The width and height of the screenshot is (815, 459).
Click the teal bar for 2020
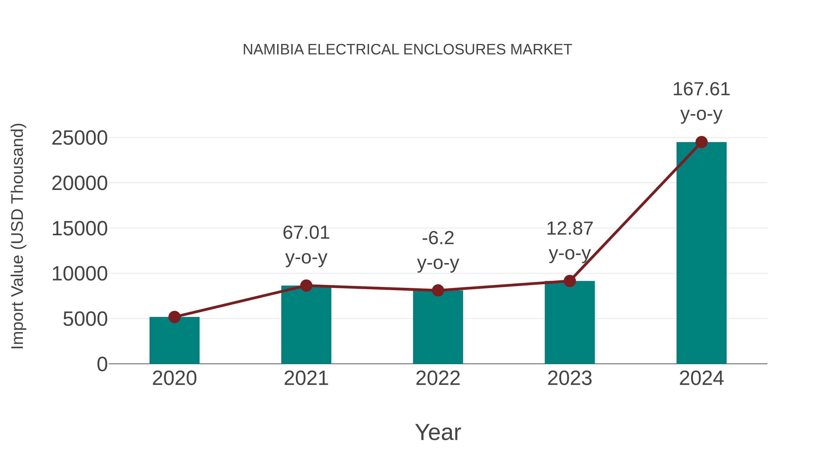[x=174, y=342]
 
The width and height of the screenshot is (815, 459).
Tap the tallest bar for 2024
[x=701, y=253]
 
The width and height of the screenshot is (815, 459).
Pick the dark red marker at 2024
[x=701, y=142]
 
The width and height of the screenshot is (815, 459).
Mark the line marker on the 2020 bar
[x=174, y=317]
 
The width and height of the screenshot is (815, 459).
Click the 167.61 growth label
[x=701, y=89]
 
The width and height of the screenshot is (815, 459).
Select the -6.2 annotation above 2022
[x=438, y=238]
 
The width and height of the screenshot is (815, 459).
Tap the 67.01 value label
[x=306, y=233]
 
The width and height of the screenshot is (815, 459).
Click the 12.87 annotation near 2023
[x=570, y=228]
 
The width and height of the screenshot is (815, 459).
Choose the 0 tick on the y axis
[x=102, y=364]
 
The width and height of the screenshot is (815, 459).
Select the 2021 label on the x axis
[x=306, y=378]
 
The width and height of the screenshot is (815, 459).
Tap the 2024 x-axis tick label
[x=701, y=378]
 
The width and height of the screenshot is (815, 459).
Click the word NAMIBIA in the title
[x=273, y=50]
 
